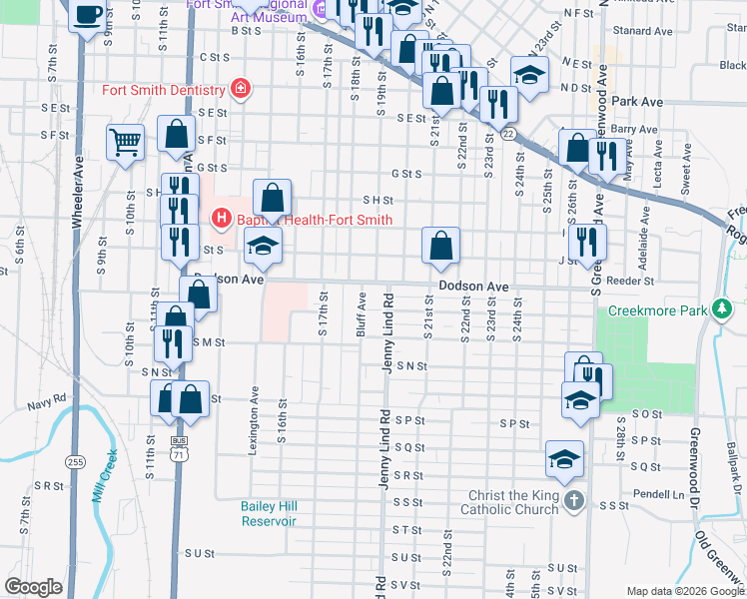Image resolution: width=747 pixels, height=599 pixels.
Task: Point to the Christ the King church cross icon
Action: [572, 501]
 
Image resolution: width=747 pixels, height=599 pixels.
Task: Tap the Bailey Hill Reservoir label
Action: [269, 513]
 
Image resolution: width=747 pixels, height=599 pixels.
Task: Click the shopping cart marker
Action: [126, 142]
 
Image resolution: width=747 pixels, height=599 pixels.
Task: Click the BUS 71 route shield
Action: [179, 446]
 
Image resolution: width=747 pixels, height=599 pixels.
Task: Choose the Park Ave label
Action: [639, 102]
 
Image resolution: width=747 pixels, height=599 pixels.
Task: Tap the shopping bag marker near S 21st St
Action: [439, 245]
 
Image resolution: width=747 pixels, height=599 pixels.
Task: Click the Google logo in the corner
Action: [34, 587]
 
